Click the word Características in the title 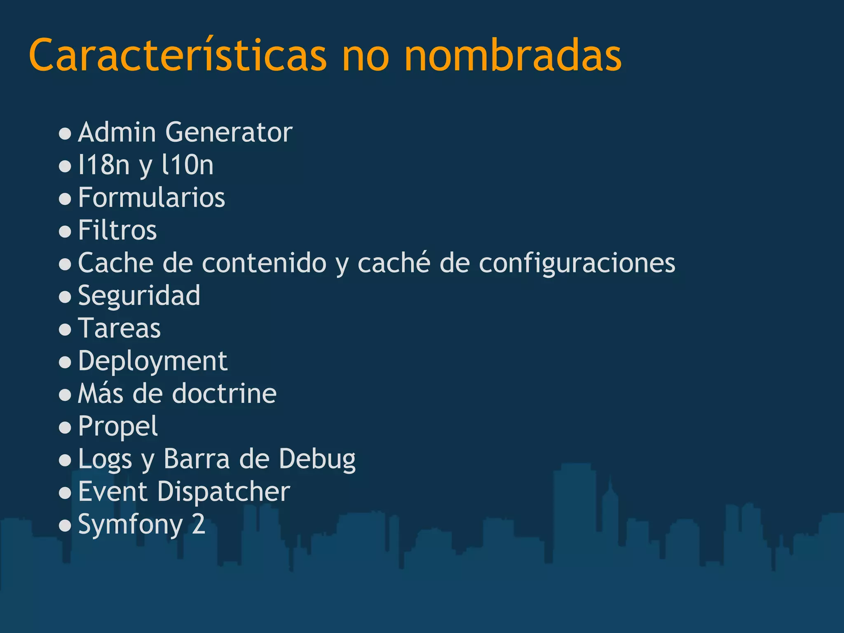[177, 56]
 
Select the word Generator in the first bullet [229, 132]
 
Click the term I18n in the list [104, 165]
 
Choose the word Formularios [152, 197]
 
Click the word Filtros [117, 230]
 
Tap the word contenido [264, 263]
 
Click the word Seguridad [139, 296]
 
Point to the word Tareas [120, 328]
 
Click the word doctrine [224, 394]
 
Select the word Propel [118, 427]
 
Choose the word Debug [317, 459]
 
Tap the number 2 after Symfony [199, 524]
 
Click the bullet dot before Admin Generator [65, 134]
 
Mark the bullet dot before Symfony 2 [65, 525]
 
